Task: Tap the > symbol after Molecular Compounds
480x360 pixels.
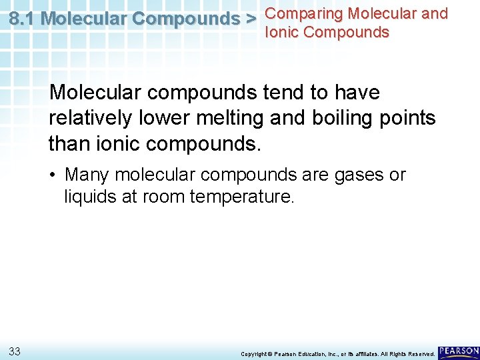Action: pyautogui.click(x=251, y=19)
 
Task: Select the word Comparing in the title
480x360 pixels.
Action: pyautogui.click(x=304, y=13)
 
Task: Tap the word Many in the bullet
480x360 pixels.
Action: pyautogui.click(x=87, y=175)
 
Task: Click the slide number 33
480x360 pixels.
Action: pyautogui.click(x=14, y=351)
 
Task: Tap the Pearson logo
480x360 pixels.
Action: pyautogui.click(x=459, y=351)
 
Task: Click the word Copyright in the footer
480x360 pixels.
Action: pyautogui.click(x=253, y=353)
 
